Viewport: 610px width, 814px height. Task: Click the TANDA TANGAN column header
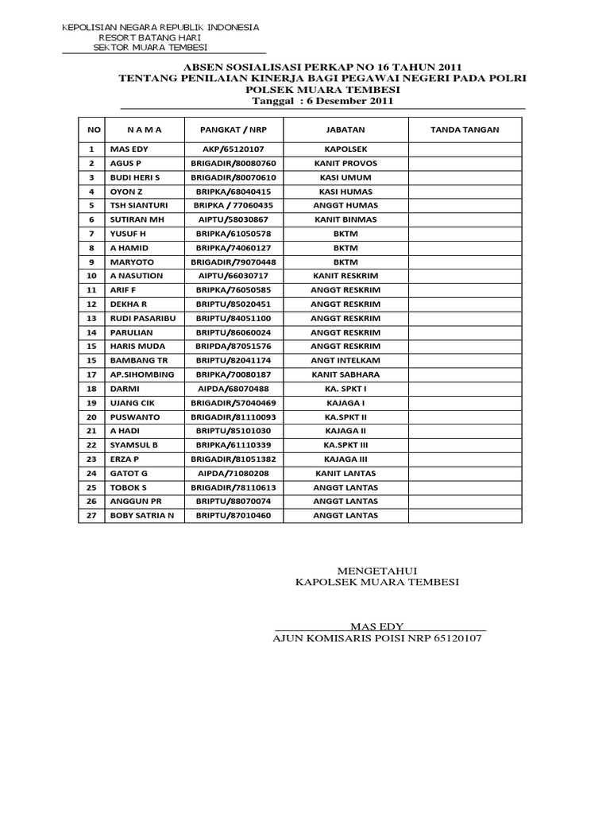pos(465,130)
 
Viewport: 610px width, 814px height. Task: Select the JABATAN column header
pos(346,130)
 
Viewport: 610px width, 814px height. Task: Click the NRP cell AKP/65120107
pos(234,149)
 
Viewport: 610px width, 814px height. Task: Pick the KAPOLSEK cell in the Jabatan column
pos(346,149)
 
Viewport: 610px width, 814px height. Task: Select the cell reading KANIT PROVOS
pos(346,164)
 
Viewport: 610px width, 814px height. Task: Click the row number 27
pos(91,515)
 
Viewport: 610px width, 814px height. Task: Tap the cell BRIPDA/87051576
pos(234,346)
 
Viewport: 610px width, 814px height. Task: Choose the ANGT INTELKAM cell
pos(346,360)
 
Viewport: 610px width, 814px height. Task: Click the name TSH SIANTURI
pos(139,205)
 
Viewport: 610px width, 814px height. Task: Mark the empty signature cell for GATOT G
pos(465,473)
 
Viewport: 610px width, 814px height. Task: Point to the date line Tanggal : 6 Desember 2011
pos(322,102)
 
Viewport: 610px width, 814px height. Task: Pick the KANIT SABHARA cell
pos(346,374)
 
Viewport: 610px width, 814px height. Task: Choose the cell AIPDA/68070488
pos(234,388)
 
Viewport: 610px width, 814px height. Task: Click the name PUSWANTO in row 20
pos(135,417)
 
